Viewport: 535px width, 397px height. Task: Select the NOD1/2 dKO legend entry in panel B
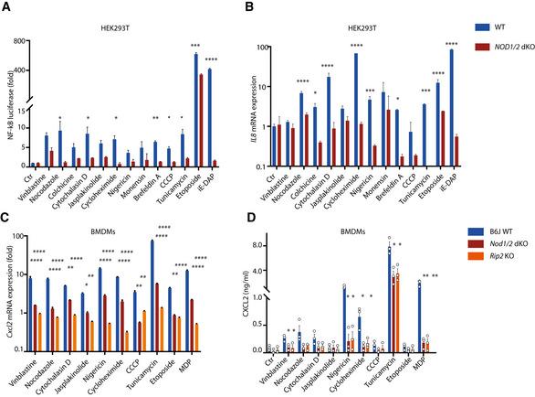(x=511, y=45)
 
